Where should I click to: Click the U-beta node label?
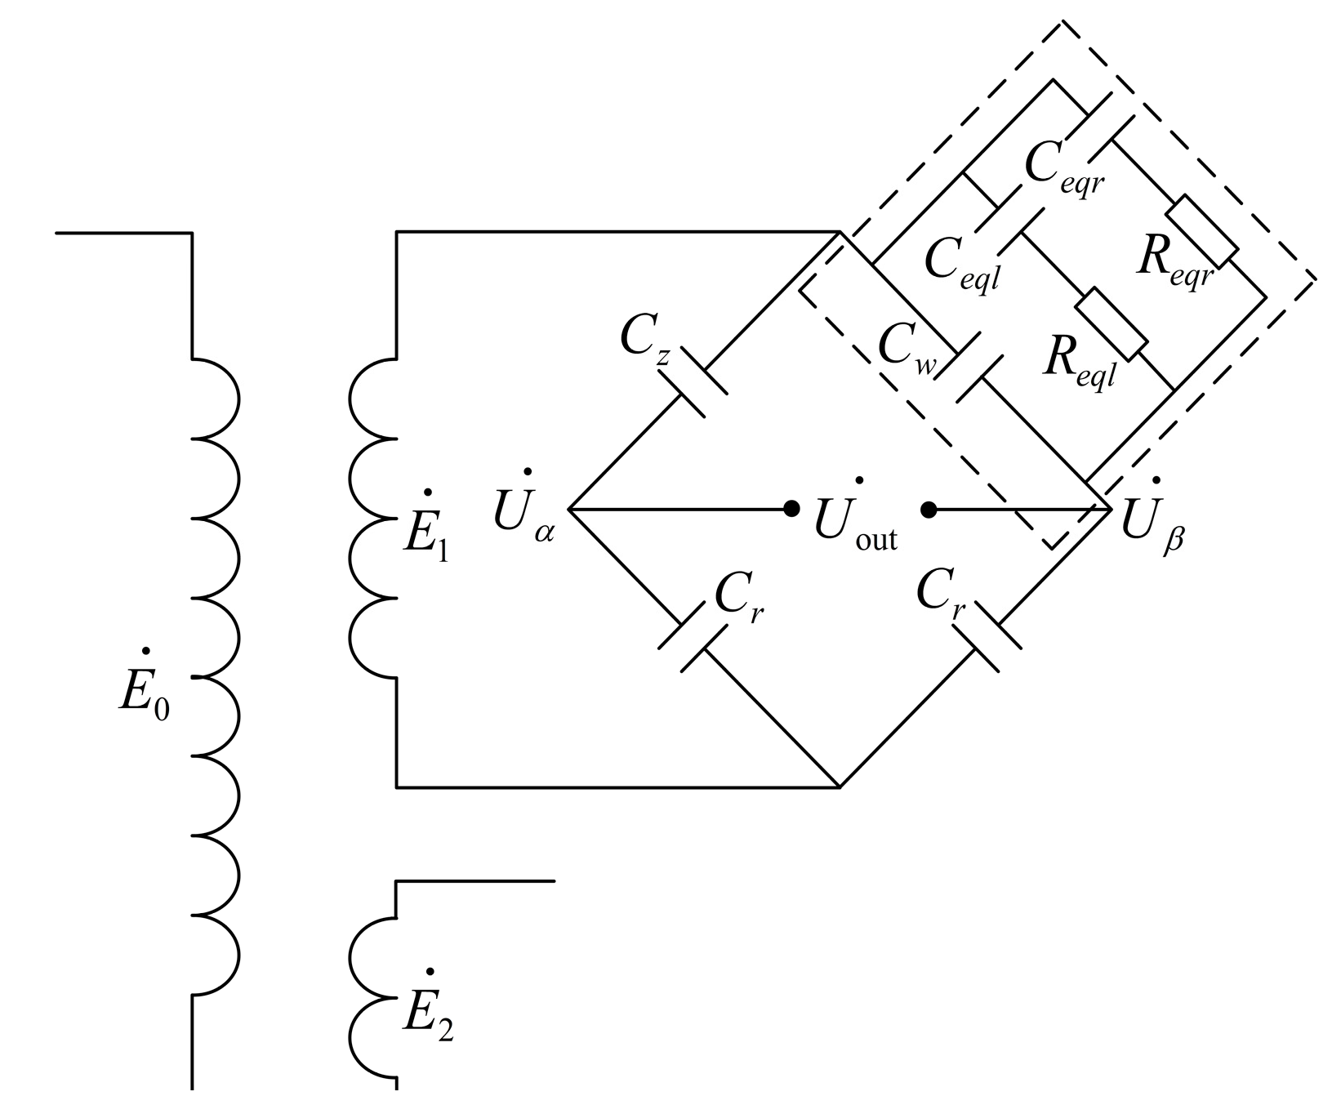pos(1152,521)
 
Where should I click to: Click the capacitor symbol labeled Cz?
pos(693,382)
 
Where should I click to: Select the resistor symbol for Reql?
pos(1112,323)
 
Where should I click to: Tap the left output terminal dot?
pos(791,509)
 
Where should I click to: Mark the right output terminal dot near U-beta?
pos(929,510)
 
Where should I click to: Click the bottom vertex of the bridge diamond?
pos(840,787)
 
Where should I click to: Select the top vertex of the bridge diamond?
pos(840,234)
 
